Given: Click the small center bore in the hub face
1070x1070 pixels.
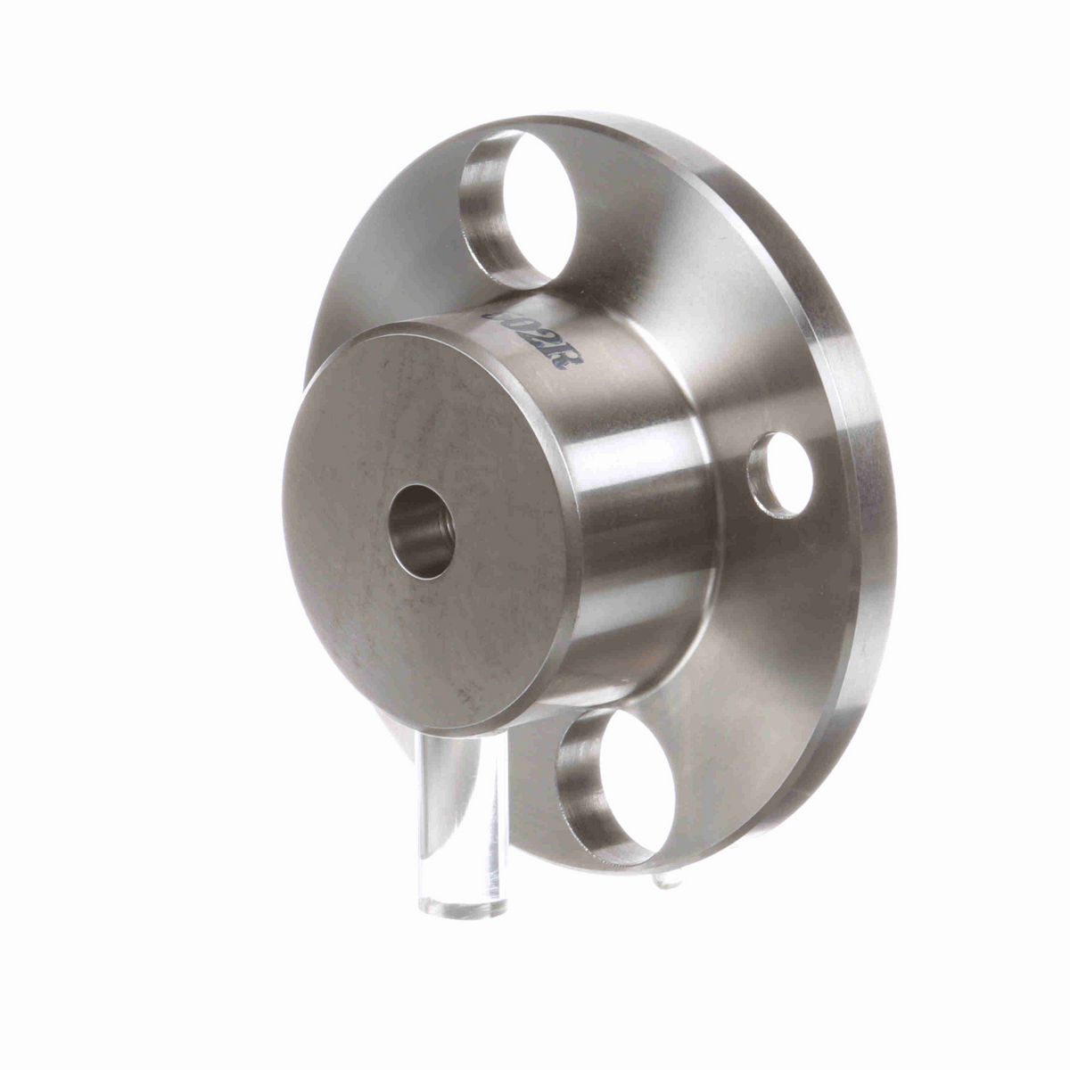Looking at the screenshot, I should coord(423,531).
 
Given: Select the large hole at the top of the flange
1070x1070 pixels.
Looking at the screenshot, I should coord(517,207).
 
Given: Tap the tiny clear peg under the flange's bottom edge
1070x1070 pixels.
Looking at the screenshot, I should coord(667,880).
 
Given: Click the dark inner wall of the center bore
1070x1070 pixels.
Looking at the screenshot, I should coord(410,526).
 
